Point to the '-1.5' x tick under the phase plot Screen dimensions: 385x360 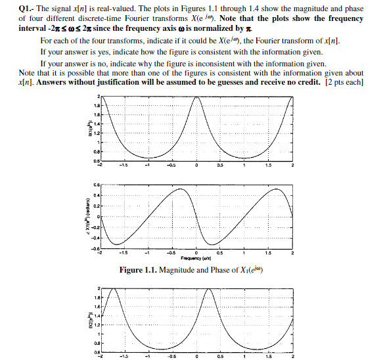(124, 253)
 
